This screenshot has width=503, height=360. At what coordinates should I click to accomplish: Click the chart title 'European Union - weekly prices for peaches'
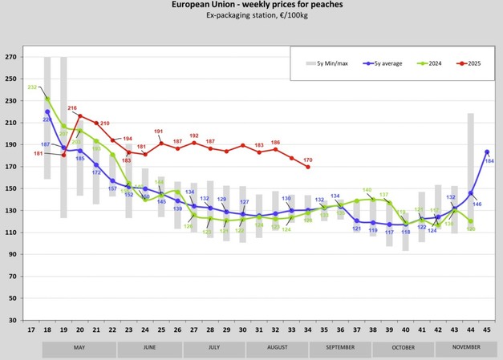[250, 5]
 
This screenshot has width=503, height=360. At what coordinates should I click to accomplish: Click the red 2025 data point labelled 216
[80, 116]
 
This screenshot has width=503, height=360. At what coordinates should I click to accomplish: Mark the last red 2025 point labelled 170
[308, 167]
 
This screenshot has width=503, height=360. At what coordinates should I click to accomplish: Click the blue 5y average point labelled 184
[487, 152]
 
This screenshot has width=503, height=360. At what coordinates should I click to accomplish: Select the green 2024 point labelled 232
[47, 99]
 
